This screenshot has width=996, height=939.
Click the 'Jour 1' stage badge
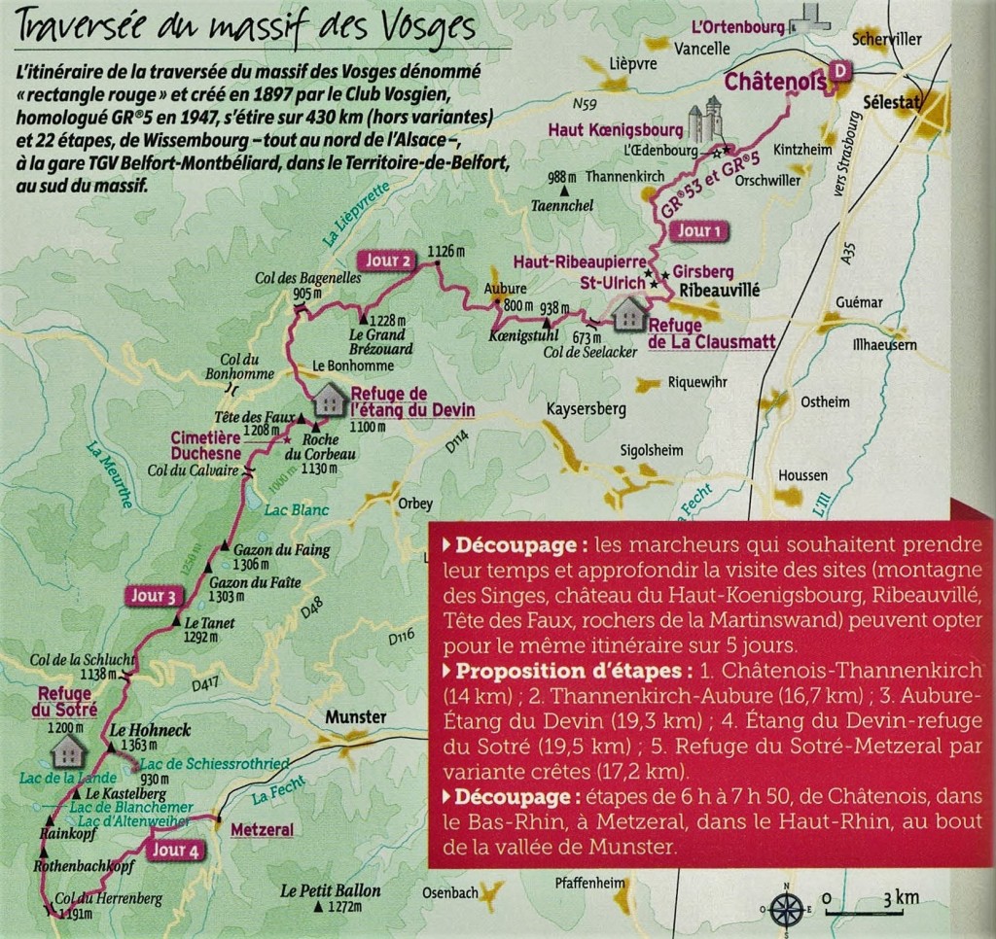click(x=699, y=231)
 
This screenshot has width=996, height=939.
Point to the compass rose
click(x=787, y=908)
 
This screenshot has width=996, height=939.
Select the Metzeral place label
click(x=262, y=830)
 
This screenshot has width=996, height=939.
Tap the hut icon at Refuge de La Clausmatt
click(x=629, y=313)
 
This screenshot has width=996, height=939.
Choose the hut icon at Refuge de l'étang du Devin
click(x=329, y=399)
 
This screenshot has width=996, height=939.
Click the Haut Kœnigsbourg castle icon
click(x=707, y=119)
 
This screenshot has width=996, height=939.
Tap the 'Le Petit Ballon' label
click(x=331, y=889)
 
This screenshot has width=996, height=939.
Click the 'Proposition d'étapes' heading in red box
click(x=524, y=673)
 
